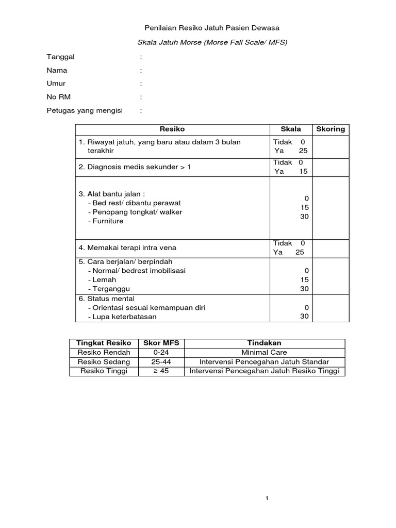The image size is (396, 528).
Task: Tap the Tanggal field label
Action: [61, 57]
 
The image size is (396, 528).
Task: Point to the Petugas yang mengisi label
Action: [85, 110]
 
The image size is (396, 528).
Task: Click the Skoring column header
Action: [330, 129]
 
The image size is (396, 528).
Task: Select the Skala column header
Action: [291, 129]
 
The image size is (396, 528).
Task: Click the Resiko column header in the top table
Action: [172, 129]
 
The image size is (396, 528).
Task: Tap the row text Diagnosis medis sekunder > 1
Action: [135, 167]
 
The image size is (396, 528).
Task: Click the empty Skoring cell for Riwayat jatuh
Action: [330, 146]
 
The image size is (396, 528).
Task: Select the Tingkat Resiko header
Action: [104, 343]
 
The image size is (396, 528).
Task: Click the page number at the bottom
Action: [267, 499]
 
